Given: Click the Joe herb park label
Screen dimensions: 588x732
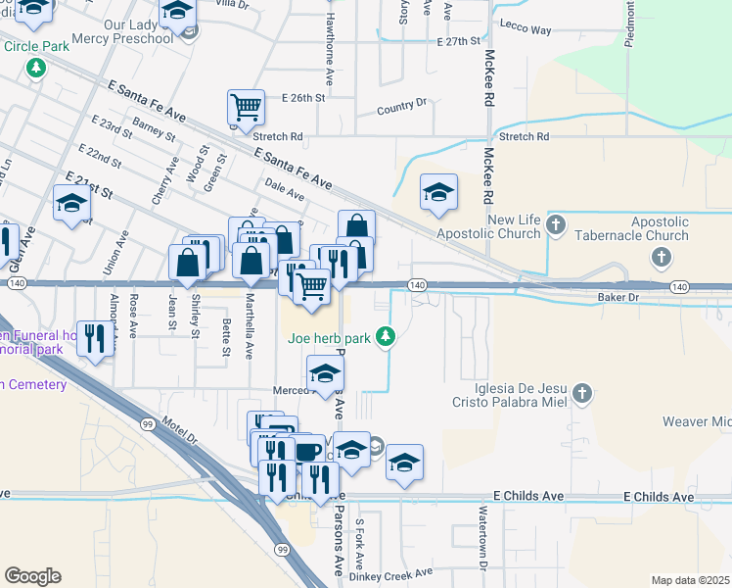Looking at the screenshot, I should (x=330, y=339).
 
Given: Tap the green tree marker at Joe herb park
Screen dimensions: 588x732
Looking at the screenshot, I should (x=387, y=338).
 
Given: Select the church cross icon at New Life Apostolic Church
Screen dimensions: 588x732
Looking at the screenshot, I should (x=556, y=225).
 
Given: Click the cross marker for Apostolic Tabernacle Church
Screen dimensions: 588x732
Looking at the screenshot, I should (x=662, y=258).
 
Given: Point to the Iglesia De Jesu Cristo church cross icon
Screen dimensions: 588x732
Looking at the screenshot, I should (x=582, y=393).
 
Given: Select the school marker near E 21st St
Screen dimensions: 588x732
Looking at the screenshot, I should (x=71, y=203).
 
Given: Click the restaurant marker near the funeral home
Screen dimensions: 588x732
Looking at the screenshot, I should (x=94, y=339).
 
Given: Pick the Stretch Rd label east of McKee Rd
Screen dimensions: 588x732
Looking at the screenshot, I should (x=524, y=137).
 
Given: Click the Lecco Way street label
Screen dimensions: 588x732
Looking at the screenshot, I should (x=525, y=30).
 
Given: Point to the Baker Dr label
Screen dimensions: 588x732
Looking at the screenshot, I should (x=618, y=295).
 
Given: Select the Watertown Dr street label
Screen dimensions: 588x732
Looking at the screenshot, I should (x=482, y=537).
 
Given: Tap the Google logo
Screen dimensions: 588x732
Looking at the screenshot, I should (x=32, y=576).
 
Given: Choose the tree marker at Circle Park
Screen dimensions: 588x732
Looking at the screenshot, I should (x=36, y=68).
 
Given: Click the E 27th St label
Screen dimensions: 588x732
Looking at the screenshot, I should (x=460, y=41).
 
